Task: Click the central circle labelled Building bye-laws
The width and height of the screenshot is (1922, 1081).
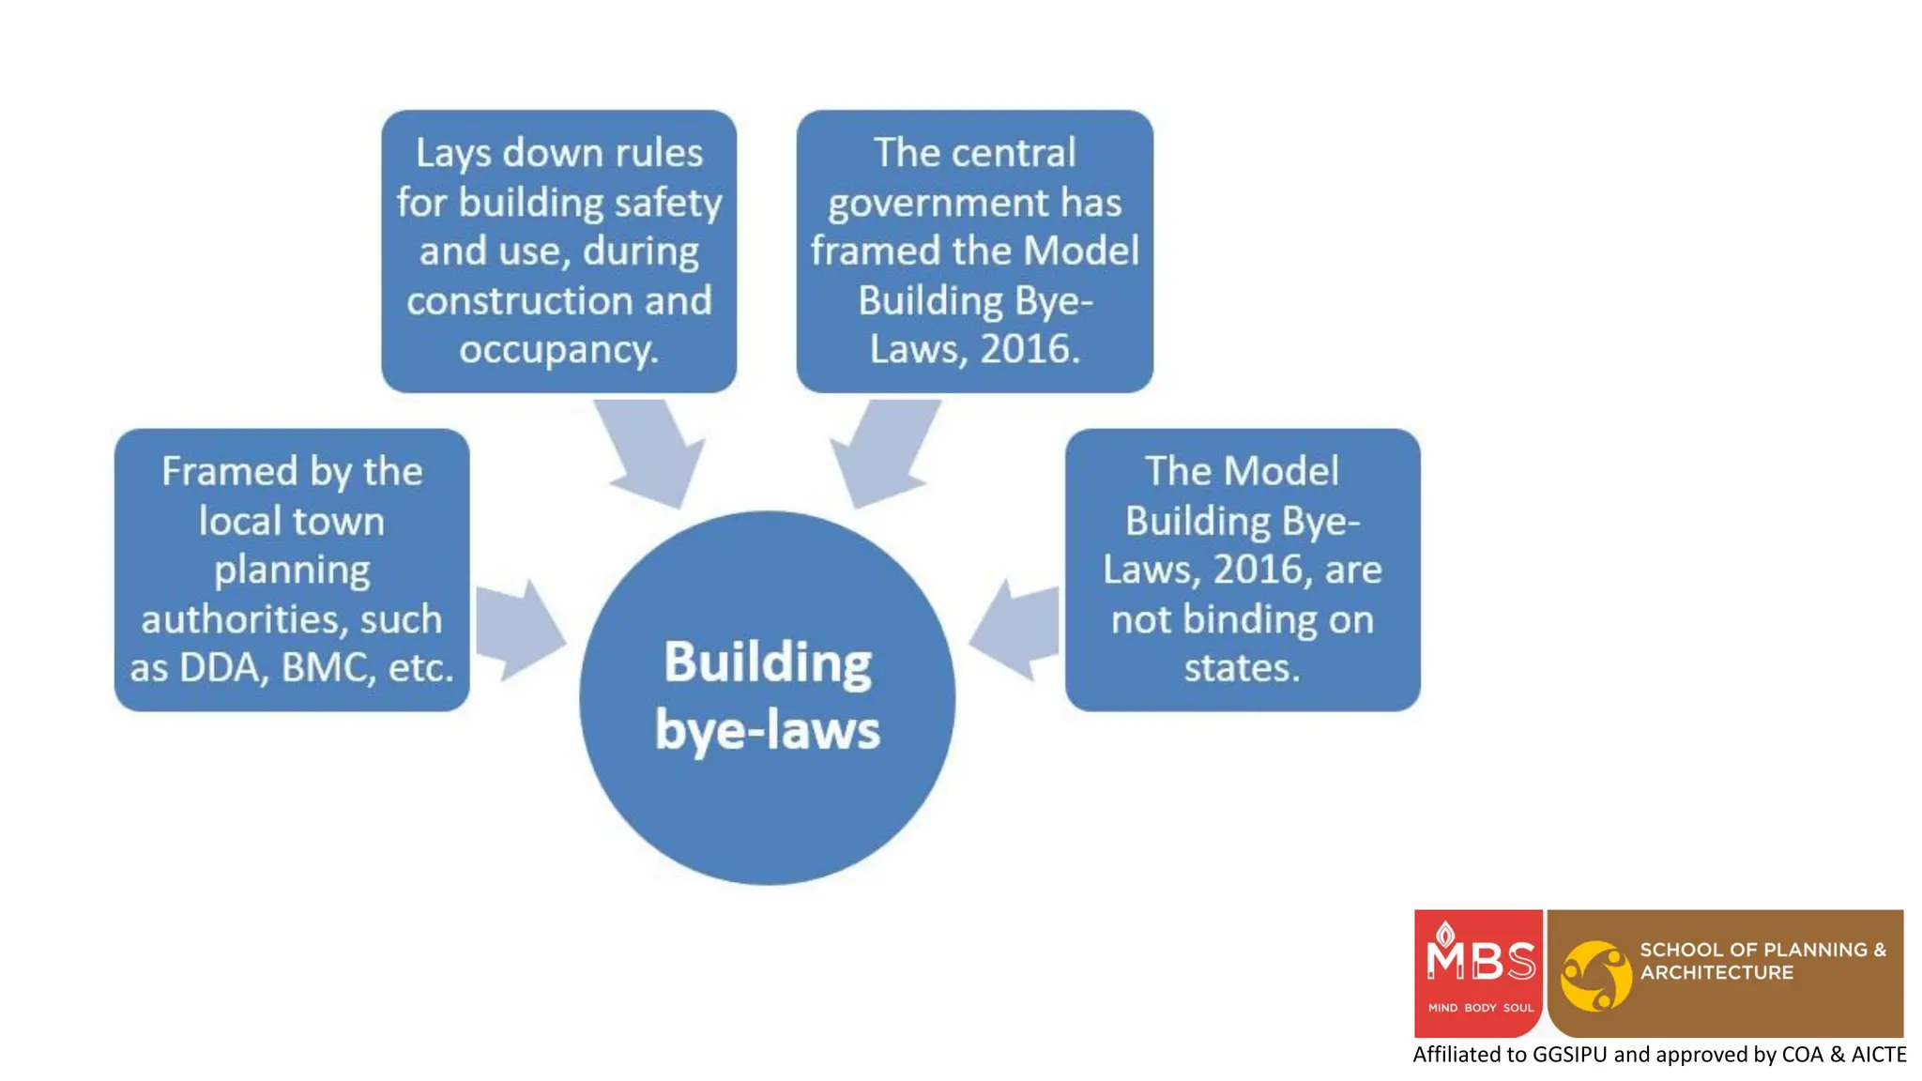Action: pos(768,696)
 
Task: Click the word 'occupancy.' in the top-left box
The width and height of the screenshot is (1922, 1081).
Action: pos(559,349)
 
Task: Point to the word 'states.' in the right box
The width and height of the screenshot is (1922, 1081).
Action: pos(1242,668)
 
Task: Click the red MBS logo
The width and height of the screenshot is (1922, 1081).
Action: pos(1479,972)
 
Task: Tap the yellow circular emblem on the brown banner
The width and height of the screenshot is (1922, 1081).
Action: pos(1595,976)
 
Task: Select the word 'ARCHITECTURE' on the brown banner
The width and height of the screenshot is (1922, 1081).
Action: pos(1716,973)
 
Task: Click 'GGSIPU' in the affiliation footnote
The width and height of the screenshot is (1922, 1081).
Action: pos(1570,1055)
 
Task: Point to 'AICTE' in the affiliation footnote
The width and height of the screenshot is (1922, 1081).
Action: pos(1879,1055)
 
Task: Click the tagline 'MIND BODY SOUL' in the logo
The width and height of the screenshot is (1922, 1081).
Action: pos(1480,1008)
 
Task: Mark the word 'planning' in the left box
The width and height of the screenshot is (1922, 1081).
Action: pos(292,571)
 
